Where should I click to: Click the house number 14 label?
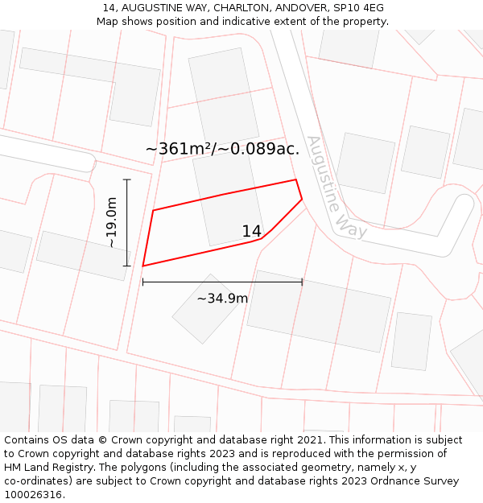(251, 232)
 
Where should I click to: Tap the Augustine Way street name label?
(336, 187)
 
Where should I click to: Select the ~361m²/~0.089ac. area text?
(222, 149)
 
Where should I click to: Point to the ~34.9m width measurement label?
(222, 299)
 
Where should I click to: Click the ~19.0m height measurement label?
(112, 222)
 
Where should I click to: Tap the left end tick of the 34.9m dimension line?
(142, 282)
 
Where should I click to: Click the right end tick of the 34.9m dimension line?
(302, 282)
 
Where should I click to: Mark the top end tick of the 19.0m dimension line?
(127, 179)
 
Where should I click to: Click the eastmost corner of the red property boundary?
(302, 199)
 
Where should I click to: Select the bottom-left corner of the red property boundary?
(143, 266)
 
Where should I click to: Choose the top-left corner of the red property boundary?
(153, 211)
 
